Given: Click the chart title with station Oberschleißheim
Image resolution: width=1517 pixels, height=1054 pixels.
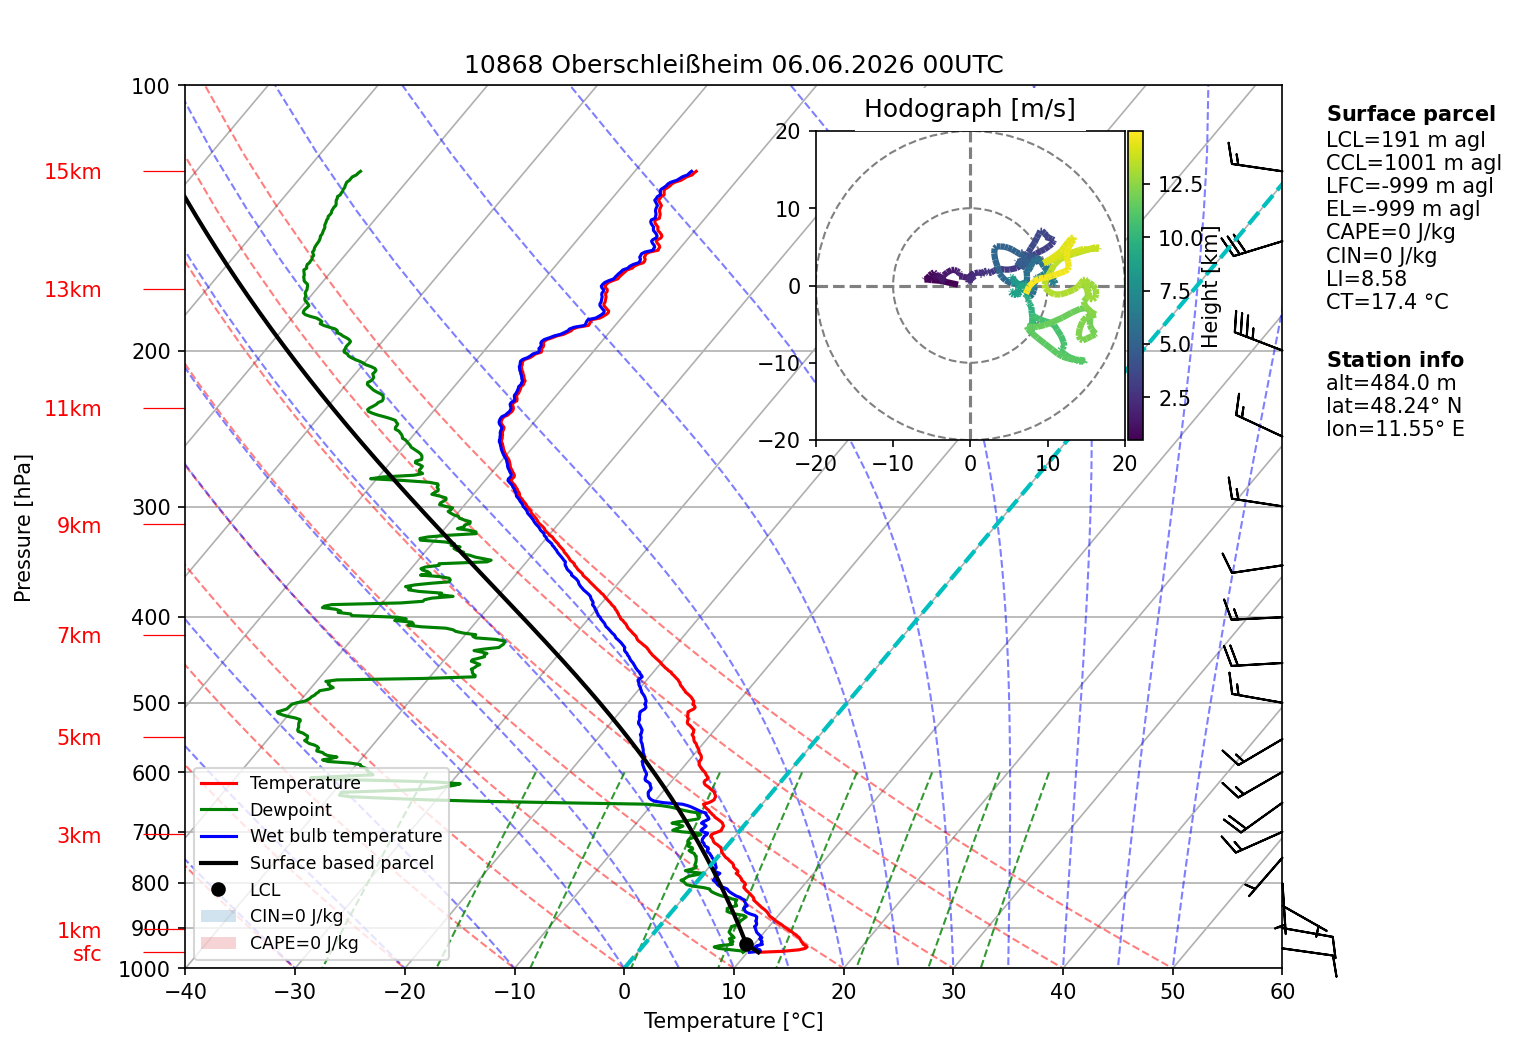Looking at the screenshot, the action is (733, 65).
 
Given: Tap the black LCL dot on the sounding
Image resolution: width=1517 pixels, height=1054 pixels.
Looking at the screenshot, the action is (746, 944).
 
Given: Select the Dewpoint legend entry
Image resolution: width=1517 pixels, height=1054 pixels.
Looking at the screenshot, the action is (266, 809).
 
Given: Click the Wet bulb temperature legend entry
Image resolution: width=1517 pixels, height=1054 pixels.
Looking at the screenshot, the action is (321, 836).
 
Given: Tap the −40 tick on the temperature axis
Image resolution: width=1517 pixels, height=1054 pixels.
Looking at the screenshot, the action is (185, 992).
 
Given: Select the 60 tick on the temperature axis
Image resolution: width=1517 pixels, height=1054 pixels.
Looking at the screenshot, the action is (1282, 992).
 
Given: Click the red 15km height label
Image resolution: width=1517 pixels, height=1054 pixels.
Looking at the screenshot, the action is (72, 172).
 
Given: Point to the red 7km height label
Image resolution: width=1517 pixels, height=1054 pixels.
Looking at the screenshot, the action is (79, 636).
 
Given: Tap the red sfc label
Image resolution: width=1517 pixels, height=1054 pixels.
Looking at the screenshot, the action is (87, 954).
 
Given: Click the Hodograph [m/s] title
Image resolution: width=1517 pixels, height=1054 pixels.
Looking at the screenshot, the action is (970, 109).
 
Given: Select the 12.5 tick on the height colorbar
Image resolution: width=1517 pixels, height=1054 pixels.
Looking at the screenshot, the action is (1180, 184).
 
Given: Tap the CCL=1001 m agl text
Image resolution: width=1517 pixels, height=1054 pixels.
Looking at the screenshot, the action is (1413, 163).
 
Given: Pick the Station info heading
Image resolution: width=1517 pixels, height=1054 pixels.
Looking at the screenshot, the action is (1395, 360).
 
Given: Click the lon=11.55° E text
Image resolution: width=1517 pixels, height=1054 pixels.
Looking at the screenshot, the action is (1395, 429).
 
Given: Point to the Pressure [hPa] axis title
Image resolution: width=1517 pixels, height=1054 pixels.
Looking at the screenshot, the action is (22, 528).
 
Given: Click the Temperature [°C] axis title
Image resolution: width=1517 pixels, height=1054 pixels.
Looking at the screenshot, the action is (733, 1021).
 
